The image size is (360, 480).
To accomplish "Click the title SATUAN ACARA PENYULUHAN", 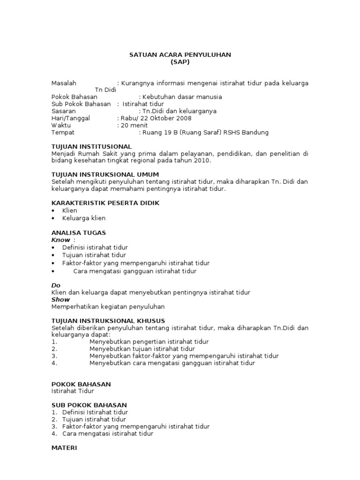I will [x=180, y=55].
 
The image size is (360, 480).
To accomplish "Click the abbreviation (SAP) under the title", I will [x=180, y=62].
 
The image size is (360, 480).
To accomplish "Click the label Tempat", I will [x=63, y=133].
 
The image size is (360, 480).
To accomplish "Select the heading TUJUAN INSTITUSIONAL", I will [x=91, y=147].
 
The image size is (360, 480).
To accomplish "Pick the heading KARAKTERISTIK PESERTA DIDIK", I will [x=105, y=203].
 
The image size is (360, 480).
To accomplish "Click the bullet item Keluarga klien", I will [x=84, y=218].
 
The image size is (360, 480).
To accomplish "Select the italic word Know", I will [x=60, y=240].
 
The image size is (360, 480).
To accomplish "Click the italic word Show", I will [x=60, y=300].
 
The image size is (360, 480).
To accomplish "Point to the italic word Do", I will [x=56, y=285].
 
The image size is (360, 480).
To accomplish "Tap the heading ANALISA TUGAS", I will [x=78, y=232].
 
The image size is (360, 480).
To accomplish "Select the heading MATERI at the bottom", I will [x=64, y=448].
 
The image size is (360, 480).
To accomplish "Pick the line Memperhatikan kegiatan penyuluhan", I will [x=108, y=307].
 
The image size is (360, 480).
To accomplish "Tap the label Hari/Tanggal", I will [x=70, y=118].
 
